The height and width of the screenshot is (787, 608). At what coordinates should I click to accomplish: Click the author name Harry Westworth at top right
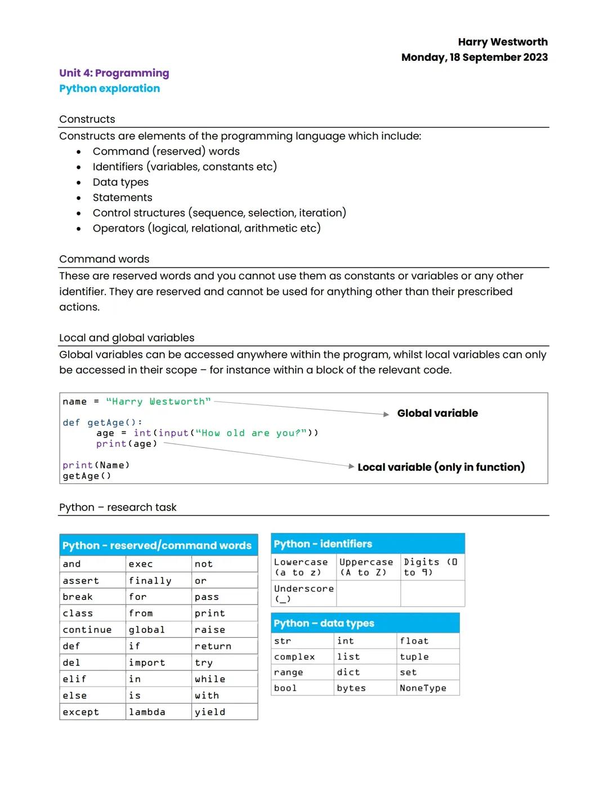(x=502, y=42)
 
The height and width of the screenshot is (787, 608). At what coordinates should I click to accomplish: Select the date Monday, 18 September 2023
(x=474, y=57)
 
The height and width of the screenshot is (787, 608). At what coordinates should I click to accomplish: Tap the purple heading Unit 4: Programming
(x=114, y=73)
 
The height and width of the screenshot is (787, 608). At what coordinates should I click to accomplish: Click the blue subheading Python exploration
(x=109, y=88)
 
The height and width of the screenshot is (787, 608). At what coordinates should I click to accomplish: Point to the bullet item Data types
(x=120, y=182)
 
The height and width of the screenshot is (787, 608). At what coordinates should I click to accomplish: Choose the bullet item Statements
(x=122, y=198)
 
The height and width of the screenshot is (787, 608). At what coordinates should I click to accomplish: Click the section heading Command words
(x=104, y=259)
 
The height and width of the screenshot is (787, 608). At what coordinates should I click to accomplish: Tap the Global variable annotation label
(x=437, y=413)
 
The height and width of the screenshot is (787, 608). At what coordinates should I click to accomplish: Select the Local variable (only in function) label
(x=441, y=467)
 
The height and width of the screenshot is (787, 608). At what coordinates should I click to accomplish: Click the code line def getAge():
(x=102, y=423)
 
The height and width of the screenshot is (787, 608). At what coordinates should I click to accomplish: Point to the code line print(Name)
(x=96, y=465)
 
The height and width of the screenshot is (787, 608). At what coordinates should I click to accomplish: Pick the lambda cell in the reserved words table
(x=147, y=712)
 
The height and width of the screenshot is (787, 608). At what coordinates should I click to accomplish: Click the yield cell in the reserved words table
(x=210, y=712)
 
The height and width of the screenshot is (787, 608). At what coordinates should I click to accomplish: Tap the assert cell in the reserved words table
(x=81, y=581)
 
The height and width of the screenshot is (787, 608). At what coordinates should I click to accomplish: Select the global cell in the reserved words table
(x=146, y=630)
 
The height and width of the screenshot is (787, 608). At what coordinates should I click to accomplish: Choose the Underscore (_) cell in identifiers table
(x=303, y=593)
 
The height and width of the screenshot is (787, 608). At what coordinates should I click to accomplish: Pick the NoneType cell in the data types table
(x=423, y=688)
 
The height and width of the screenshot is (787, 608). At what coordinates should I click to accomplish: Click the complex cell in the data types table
(x=294, y=657)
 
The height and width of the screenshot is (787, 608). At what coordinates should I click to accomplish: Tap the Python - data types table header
(x=324, y=624)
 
